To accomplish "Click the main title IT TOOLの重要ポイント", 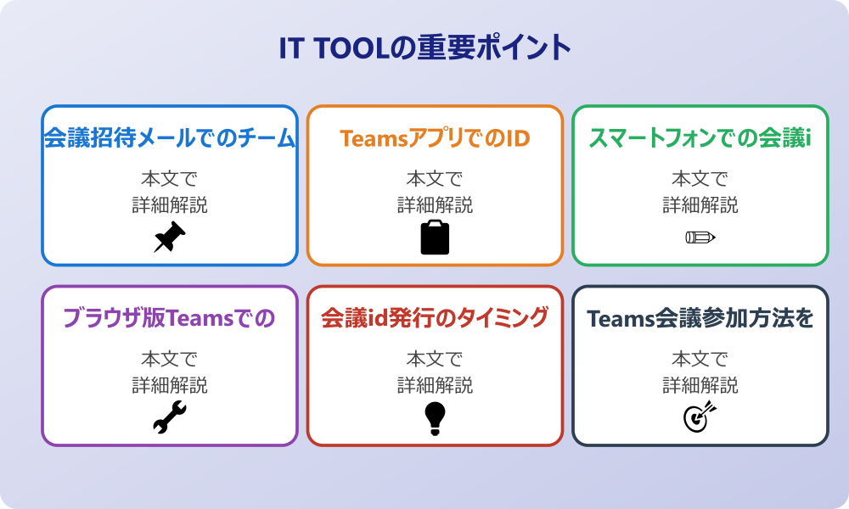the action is click(x=425, y=48).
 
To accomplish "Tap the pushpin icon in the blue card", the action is click(x=170, y=237).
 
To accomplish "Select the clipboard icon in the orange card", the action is click(x=435, y=237).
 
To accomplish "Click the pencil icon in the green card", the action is click(x=700, y=237).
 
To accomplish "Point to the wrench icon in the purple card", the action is click(x=170, y=417).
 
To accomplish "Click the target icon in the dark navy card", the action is click(x=700, y=417).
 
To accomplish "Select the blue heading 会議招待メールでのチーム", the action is click(x=170, y=138).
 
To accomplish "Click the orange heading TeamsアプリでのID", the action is click(x=435, y=138).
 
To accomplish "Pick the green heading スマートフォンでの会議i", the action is click(x=700, y=138).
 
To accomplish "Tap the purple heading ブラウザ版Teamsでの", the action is click(x=170, y=318).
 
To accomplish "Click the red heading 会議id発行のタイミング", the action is click(x=435, y=318).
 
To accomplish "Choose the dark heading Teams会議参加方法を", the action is click(x=700, y=319).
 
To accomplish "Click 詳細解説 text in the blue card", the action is click(x=170, y=205).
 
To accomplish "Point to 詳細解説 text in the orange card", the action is click(x=435, y=205).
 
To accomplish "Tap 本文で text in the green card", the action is click(x=700, y=178).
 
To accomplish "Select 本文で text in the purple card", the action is click(x=170, y=359).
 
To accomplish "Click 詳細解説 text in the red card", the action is click(x=435, y=385).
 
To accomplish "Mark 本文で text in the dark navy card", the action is click(x=700, y=359).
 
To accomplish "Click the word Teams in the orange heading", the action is click(x=374, y=139).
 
